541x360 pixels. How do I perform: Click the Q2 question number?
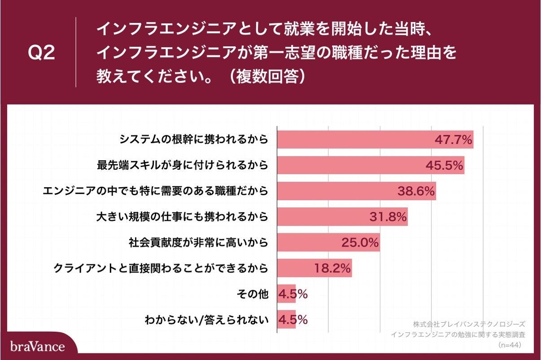41,53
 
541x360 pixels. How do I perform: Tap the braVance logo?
38,346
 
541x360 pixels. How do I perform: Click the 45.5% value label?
444,166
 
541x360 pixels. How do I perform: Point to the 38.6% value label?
416,191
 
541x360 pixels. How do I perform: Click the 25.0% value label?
360,243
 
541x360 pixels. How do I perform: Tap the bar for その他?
286,294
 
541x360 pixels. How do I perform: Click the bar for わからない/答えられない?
286,320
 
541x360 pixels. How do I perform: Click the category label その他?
252,294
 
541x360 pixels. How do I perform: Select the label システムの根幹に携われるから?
194,139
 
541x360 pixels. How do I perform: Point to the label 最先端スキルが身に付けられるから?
183,165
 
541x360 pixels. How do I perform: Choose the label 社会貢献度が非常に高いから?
199,243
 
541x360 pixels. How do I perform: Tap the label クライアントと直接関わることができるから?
161,268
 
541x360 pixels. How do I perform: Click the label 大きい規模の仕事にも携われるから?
183,217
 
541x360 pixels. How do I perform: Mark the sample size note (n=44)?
511,345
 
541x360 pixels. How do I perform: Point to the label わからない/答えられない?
206,320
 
